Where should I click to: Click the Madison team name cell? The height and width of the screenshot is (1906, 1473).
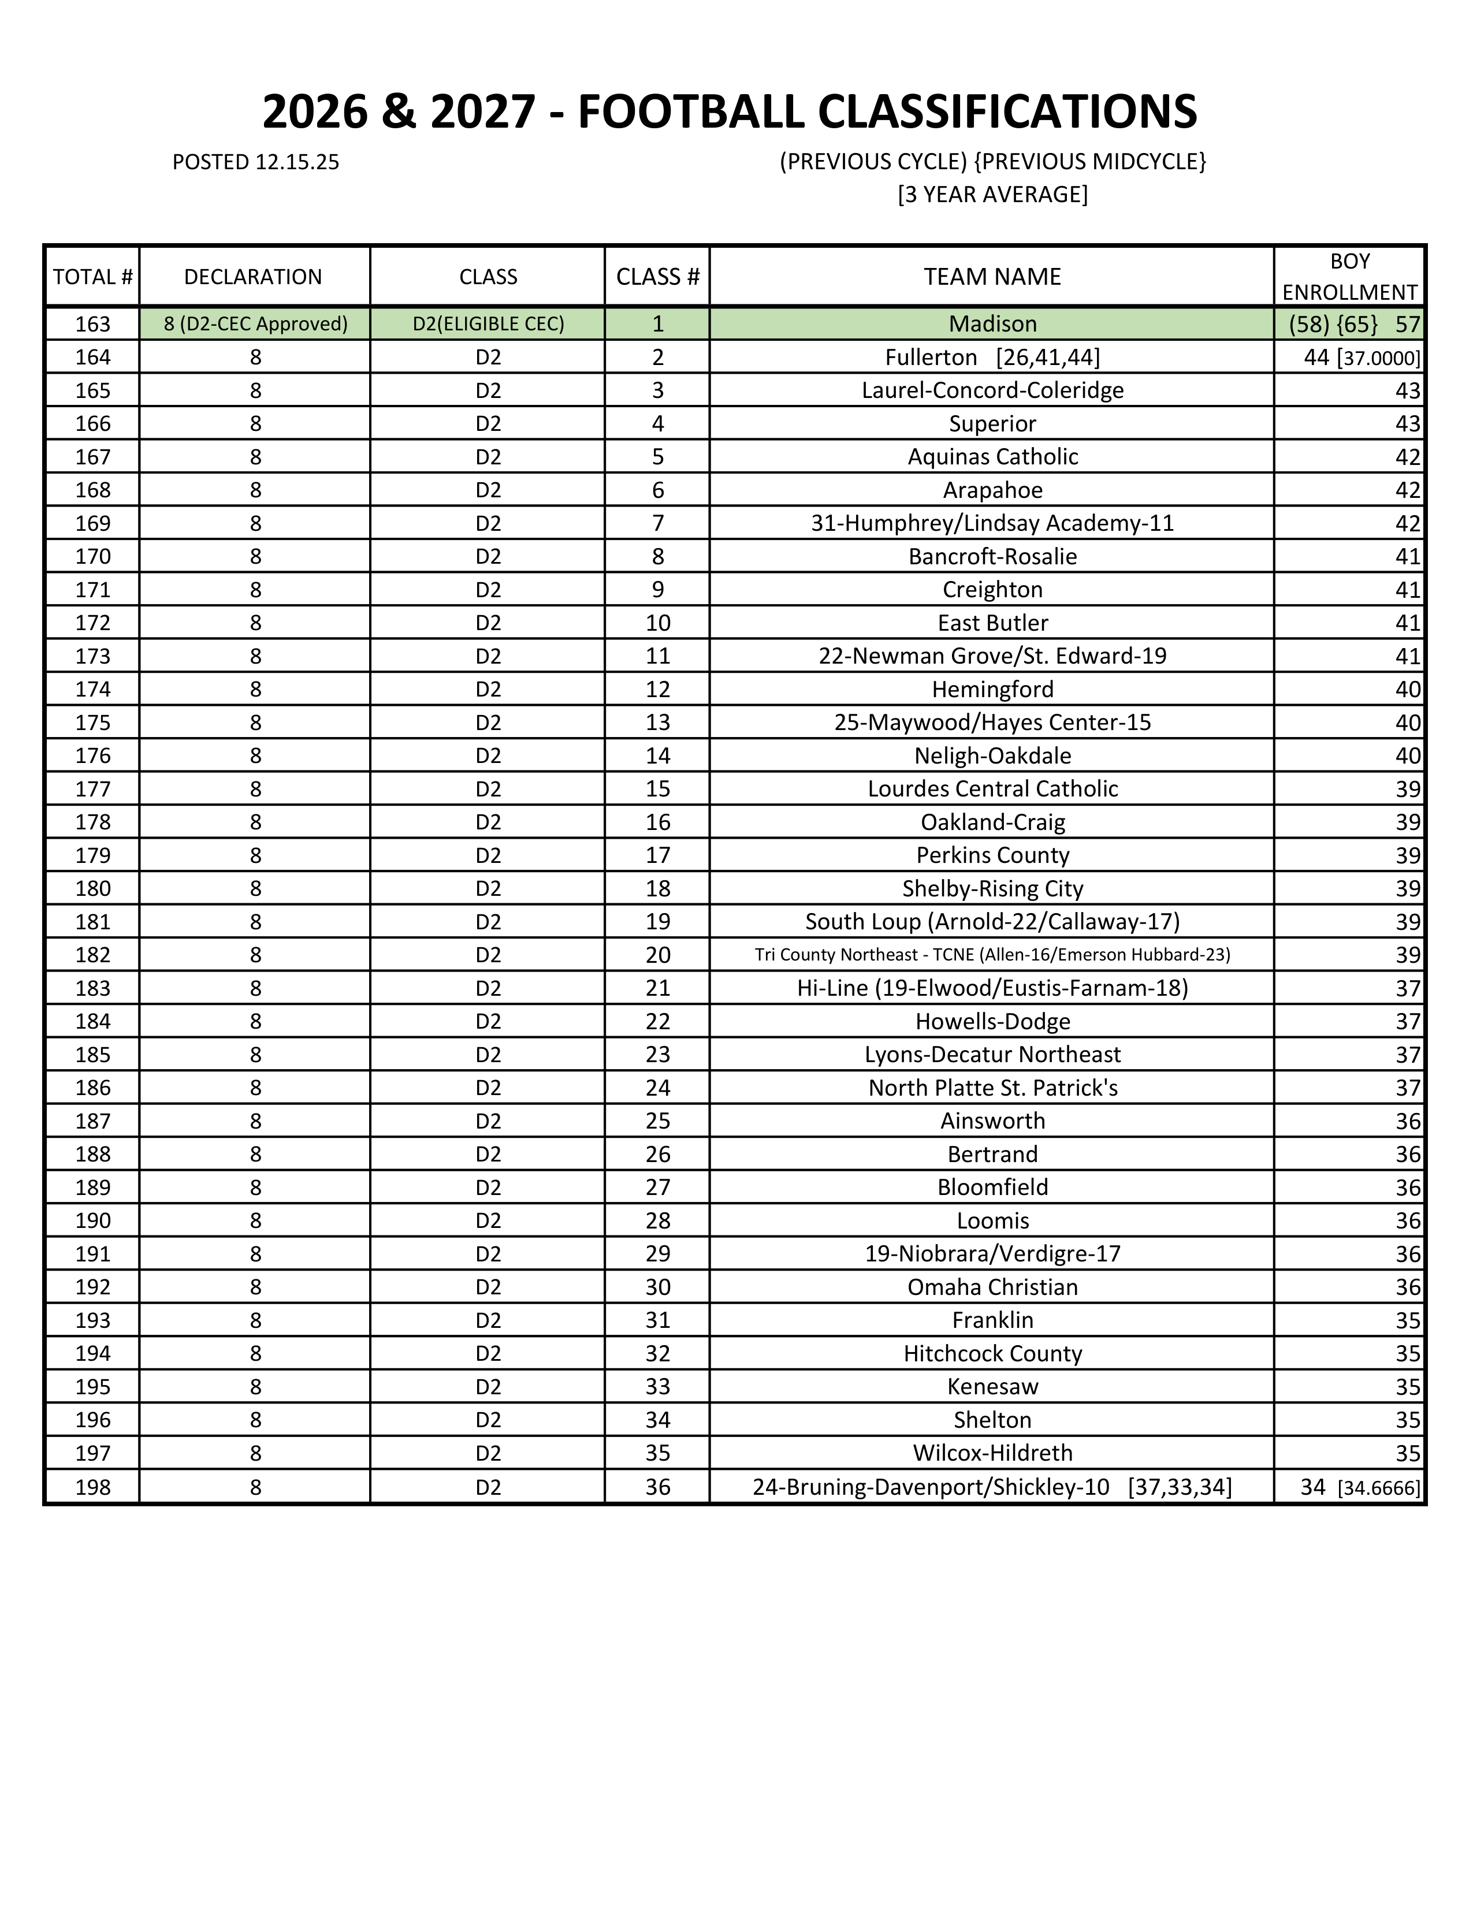coord(992,324)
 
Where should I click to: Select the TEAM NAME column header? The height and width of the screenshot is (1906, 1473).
coord(992,277)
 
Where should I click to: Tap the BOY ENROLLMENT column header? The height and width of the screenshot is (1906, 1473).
coord(1349,277)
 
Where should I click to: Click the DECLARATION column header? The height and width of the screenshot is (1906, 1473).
coord(253,277)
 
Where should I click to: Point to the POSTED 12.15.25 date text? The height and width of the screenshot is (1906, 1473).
coord(256,162)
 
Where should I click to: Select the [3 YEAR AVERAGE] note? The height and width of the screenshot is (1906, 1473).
coord(992,193)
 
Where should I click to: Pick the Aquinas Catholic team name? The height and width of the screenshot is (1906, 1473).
coord(992,456)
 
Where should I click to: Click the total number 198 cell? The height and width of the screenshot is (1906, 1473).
coord(92,1487)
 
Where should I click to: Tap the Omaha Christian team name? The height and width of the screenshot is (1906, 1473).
coord(992,1287)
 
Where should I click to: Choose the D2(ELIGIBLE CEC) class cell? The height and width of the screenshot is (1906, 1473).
coord(488,324)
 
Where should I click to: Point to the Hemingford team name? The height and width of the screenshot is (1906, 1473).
coord(992,690)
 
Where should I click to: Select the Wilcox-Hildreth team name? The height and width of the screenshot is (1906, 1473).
coord(992,1453)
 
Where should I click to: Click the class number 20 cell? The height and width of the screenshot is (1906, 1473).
coord(657,955)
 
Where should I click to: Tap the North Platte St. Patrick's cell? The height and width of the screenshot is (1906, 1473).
coord(992,1088)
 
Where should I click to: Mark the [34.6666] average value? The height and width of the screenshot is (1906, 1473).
coord(1379,1488)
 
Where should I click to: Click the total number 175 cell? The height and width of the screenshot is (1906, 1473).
coord(92,723)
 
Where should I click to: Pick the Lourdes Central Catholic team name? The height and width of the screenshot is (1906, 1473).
coord(992,789)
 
